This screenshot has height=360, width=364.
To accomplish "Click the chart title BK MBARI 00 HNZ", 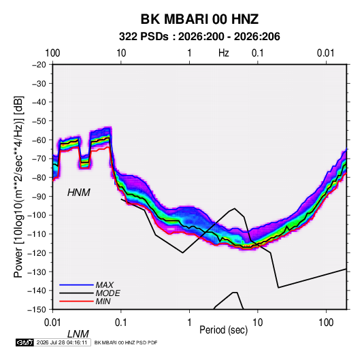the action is tap(199, 19).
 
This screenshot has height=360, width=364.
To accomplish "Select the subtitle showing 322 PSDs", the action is tap(199, 37).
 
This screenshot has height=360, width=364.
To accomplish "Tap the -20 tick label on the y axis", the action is tap(39, 65).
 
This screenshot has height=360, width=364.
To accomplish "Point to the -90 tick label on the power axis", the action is tap(39, 197).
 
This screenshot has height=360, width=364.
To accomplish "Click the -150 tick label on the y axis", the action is tap(37, 310).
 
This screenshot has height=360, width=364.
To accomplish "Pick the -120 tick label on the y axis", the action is tap(37, 253).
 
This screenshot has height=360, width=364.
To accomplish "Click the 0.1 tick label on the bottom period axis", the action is tap(121, 323).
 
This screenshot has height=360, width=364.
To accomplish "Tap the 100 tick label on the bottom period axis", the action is tap(326, 323).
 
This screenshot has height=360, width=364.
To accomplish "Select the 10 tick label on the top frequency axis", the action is tap(121, 53).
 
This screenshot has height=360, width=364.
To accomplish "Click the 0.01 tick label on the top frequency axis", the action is tap(326, 53).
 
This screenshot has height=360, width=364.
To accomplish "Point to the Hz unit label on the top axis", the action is tap(224, 53).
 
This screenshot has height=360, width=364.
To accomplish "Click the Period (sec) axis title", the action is tap(224, 330).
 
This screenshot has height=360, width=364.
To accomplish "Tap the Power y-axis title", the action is tap(18, 186).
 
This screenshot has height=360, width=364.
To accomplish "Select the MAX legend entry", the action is tap(105, 285).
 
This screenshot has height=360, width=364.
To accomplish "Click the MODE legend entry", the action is tap(108, 293).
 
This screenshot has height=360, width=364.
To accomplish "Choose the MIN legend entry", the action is tap(103, 301).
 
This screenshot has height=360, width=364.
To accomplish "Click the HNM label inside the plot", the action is tap(79, 193).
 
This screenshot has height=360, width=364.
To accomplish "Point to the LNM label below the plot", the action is tap(78, 334).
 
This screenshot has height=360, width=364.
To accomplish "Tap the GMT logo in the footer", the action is tap(25, 342).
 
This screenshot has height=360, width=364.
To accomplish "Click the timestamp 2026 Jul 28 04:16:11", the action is tap(62, 342).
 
